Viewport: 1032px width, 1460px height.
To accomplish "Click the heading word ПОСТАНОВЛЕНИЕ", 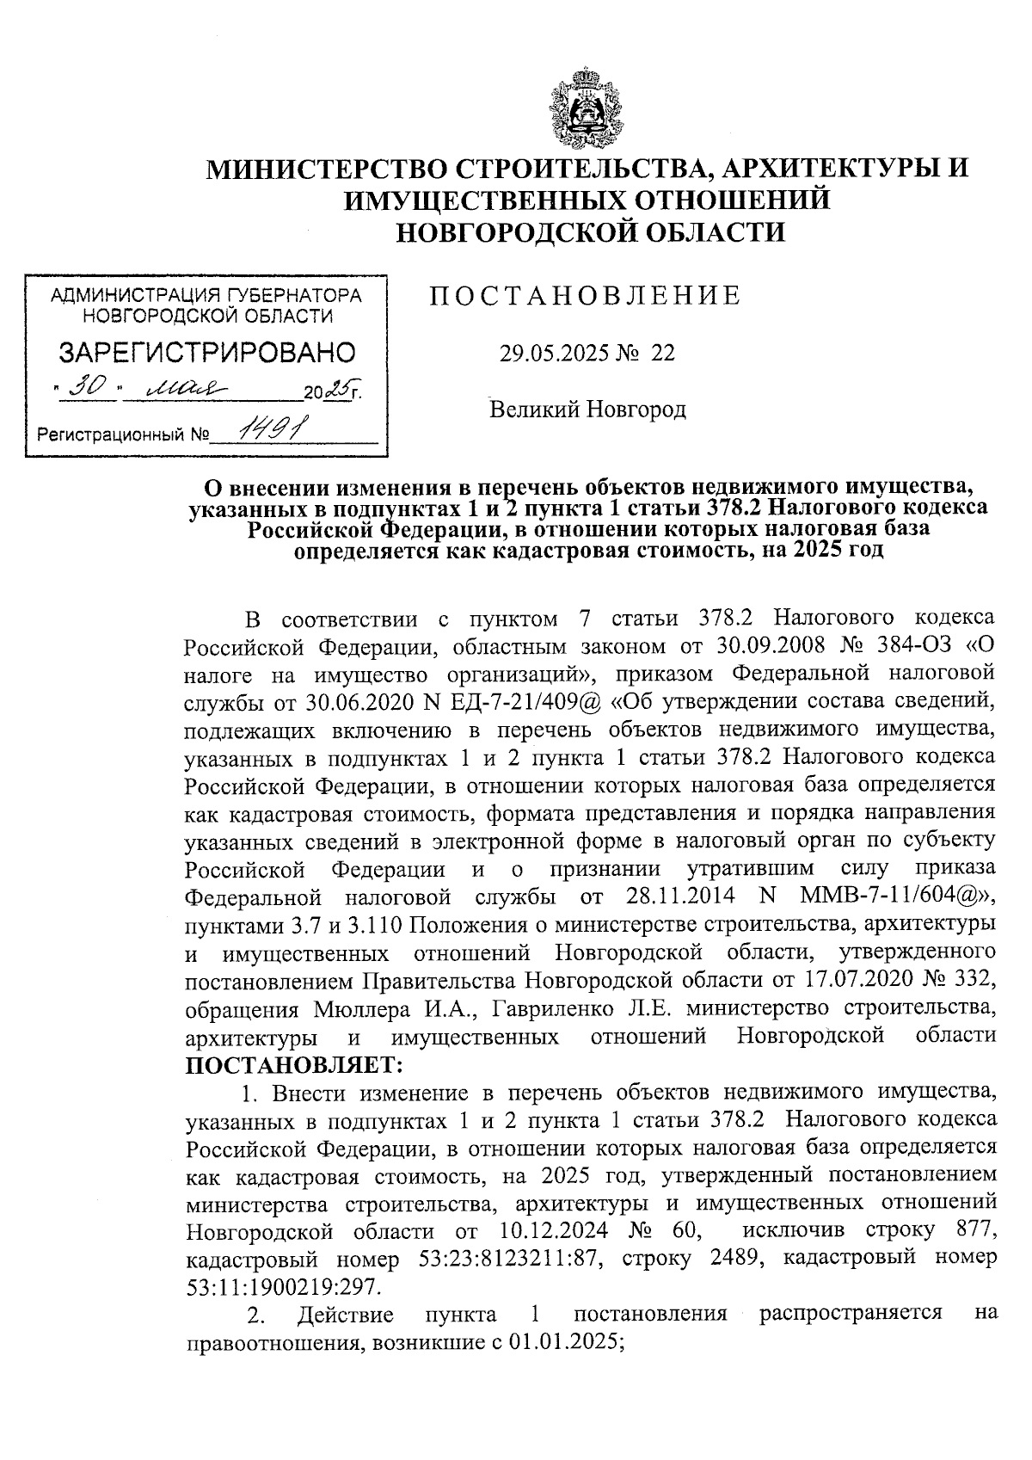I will (585, 296).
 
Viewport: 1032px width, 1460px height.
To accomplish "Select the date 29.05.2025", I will (554, 354).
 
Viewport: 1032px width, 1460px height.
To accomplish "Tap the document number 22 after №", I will (663, 354).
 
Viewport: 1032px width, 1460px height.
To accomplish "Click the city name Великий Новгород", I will (587, 410).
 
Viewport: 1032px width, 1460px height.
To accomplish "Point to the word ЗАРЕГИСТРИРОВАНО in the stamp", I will (206, 353).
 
